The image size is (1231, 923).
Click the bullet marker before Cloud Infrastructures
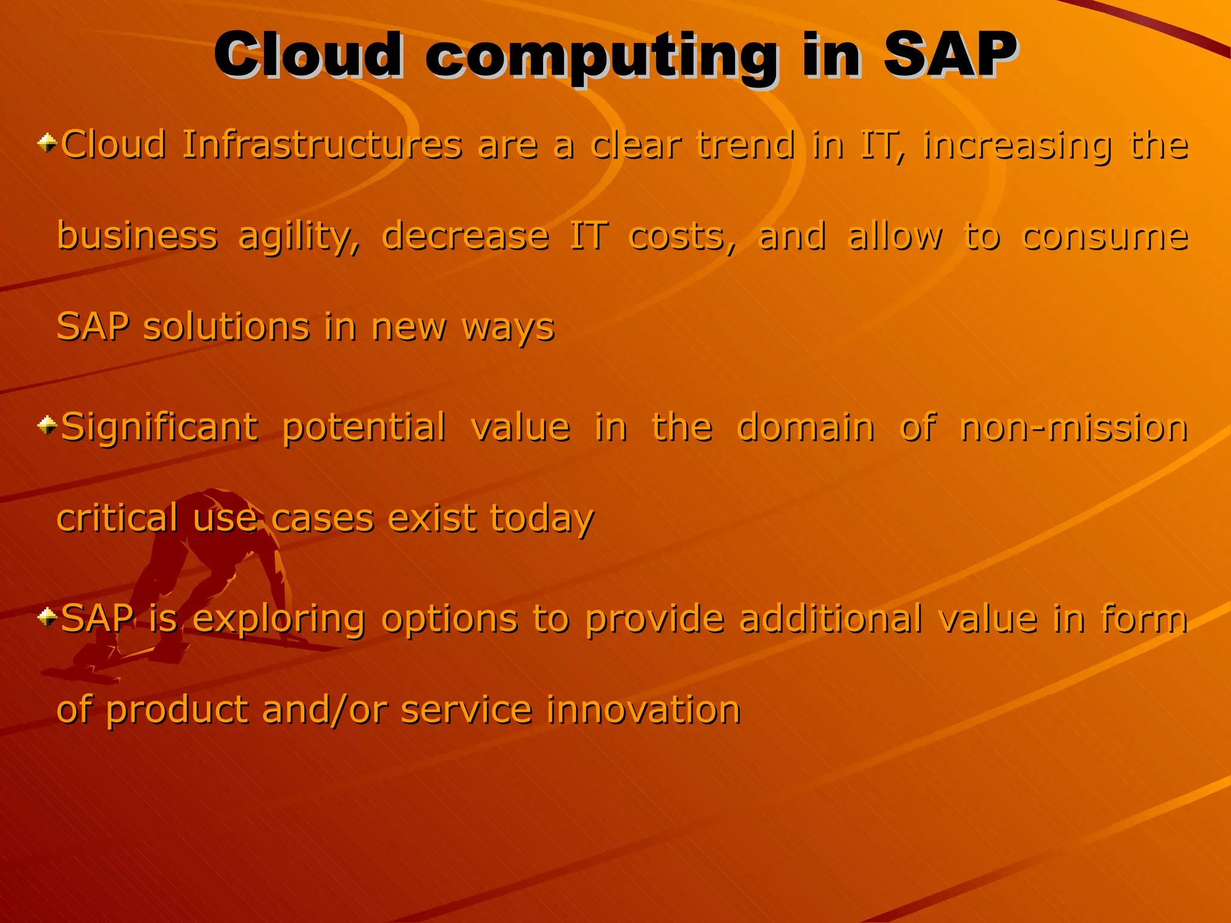47,144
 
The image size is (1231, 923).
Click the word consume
1105,236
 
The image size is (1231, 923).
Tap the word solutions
226,327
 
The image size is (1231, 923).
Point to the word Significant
159,428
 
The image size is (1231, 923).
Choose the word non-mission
1074,428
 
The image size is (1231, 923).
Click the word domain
805,428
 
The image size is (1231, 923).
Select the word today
542,519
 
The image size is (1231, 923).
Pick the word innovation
643,710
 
